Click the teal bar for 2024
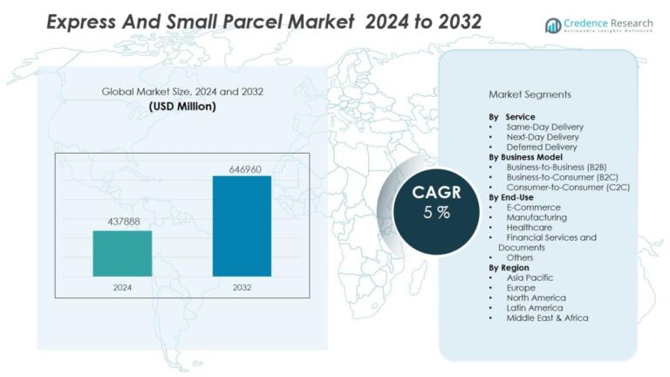point(122,253)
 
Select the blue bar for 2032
point(242,226)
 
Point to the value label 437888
point(122,222)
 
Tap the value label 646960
point(242,168)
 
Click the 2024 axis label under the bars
point(122,286)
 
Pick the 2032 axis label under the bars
point(242,286)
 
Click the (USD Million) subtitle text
point(182,106)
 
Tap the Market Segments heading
point(530,93)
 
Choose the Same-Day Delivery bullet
point(544,127)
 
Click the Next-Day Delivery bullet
point(542,137)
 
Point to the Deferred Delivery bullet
point(541,147)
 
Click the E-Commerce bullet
point(534,207)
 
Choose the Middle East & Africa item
point(547,318)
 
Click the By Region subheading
point(509,268)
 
